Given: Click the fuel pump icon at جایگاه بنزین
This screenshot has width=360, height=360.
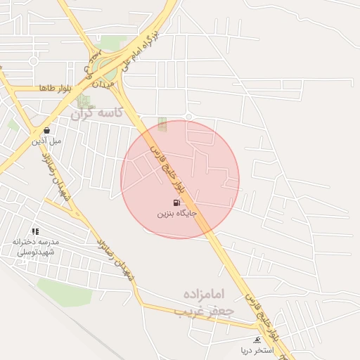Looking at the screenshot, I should (x=176, y=202).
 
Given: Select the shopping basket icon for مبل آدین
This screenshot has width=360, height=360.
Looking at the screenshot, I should (x=46, y=130).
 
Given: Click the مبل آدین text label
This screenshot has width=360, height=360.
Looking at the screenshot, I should (x=46, y=140).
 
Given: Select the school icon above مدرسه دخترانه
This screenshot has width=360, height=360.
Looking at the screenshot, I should (x=35, y=231).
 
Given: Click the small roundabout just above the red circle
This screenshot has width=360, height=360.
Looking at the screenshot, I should (x=188, y=115).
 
